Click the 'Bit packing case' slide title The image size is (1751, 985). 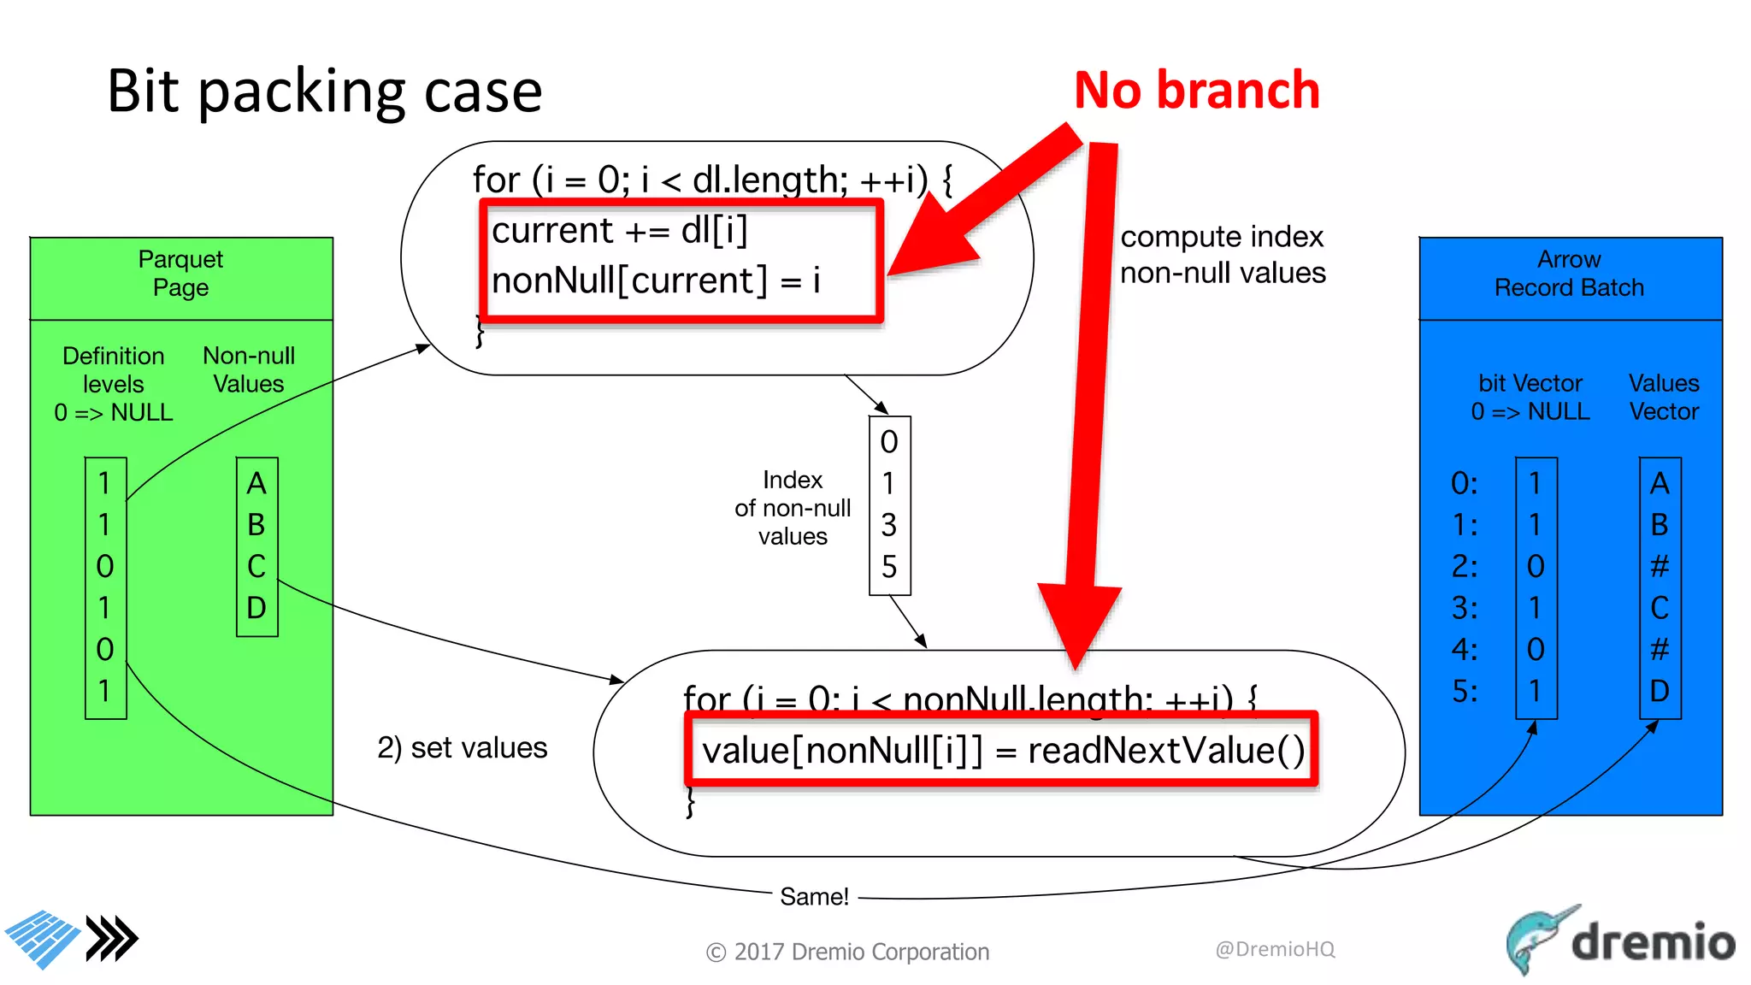[324, 91]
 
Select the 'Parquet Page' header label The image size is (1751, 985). [180, 273]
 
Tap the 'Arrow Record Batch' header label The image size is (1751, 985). [1569, 273]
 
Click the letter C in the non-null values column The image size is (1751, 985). [256, 566]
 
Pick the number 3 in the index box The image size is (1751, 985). [889, 525]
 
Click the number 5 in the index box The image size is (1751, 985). [889, 566]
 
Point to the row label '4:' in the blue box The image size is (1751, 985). [1465, 650]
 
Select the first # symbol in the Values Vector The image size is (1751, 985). [1660, 566]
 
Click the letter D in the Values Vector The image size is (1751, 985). [1660, 691]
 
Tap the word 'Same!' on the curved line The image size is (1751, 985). [814, 896]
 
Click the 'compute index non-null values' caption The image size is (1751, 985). [1223, 255]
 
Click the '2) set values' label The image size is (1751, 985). [462, 747]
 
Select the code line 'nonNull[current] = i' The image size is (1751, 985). [656, 280]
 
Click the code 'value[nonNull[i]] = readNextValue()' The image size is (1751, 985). [1002, 751]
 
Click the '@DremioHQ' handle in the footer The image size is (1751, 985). [1275, 949]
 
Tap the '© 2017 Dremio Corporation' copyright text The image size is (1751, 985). [847, 952]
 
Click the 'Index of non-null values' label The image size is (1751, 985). [793, 508]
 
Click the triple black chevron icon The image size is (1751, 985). [112, 939]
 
